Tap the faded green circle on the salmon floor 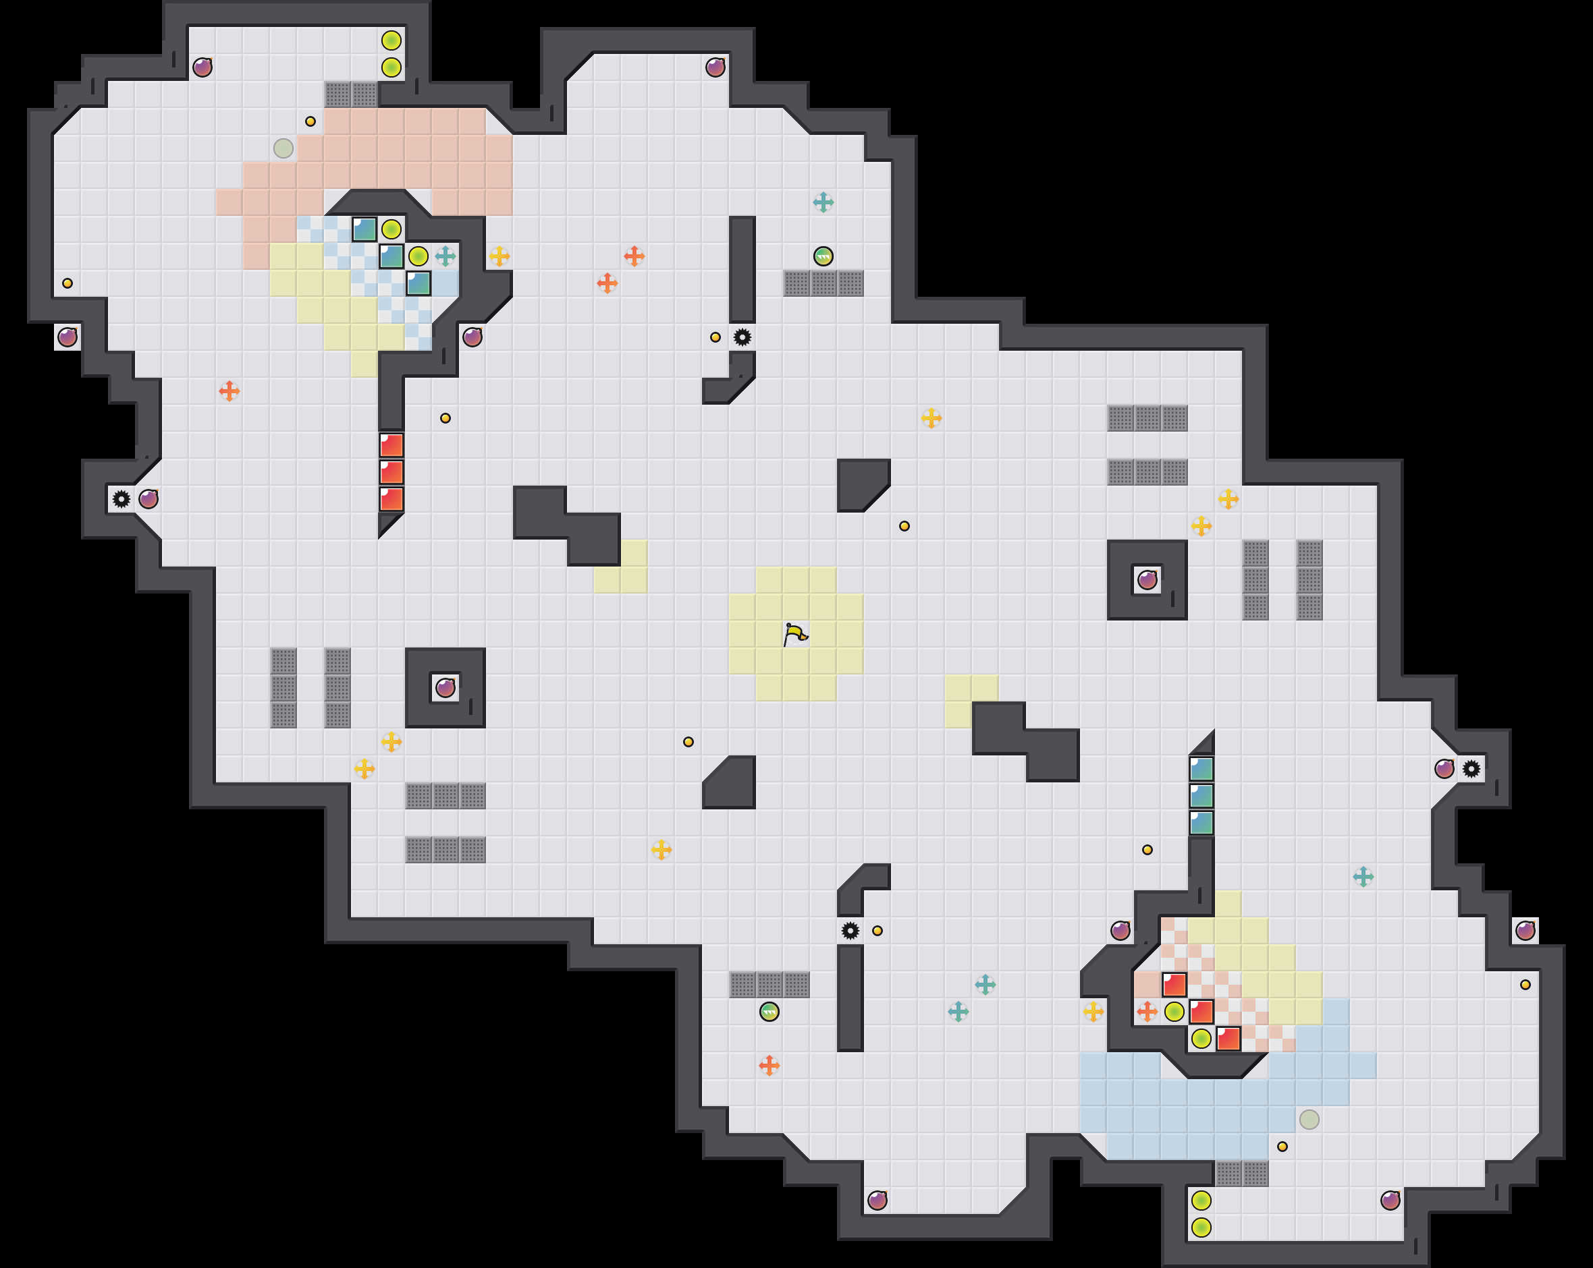click(x=283, y=148)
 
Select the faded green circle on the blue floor click(x=1309, y=1120)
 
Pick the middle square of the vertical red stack click(x=391, y=472)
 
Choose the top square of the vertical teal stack click(x=1201, y=769)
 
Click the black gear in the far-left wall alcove click(x=122, y=499)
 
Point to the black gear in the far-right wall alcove click(x=1471, y=769)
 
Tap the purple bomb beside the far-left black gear click(x=148, y=499)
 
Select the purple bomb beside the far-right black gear click(x=1444, y=769)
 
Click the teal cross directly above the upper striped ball click(x=823, y=202)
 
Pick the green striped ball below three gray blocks click(x=769, y=1012)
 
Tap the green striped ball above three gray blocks click(x=823, y=256)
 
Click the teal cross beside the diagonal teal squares click(x=446, y=256)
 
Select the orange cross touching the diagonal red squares click(x=1147, y=1012)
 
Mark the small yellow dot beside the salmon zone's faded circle click(x=310, y=121)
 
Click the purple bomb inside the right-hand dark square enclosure click(x=1147, y=580)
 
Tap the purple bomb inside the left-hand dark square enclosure click(x=446, y=688)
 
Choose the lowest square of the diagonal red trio click(x=1228, y=1038)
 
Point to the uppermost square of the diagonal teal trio click(x=364, y=229)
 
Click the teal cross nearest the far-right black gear click(x=1363, y=877)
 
